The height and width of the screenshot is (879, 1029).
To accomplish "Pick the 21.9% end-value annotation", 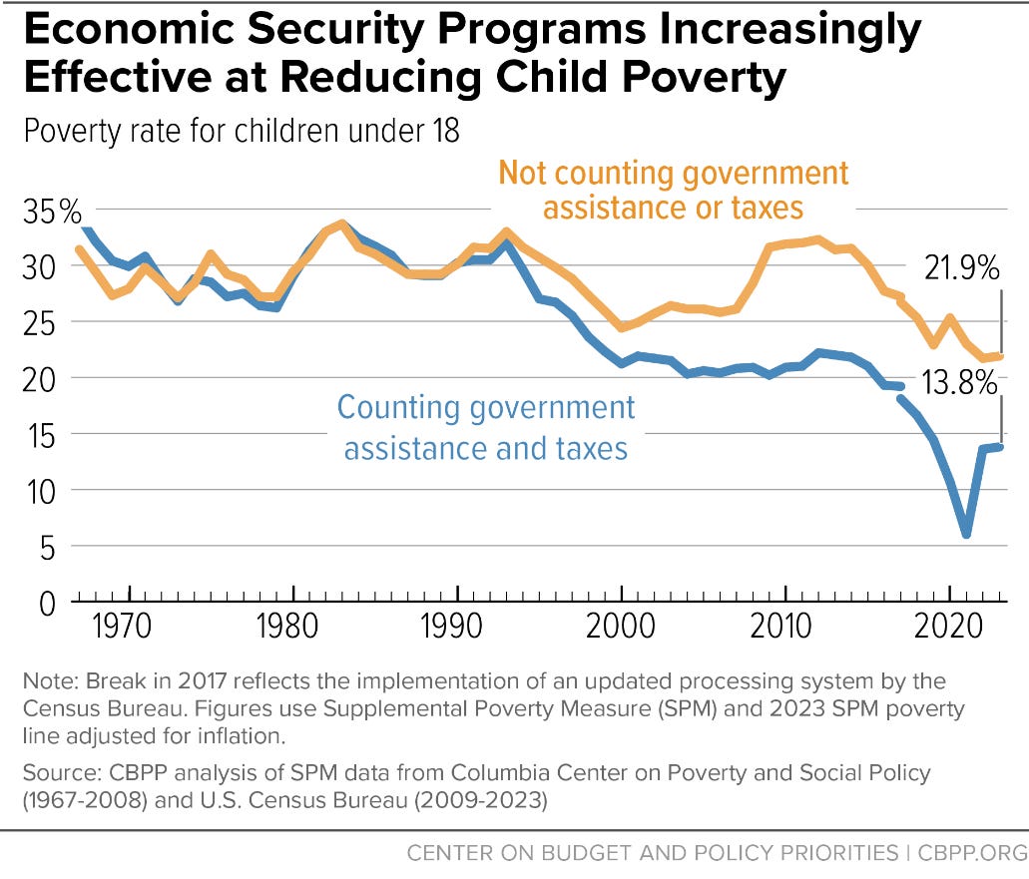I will tap(959, 267).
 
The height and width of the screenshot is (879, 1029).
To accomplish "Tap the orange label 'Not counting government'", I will tap(674, 173).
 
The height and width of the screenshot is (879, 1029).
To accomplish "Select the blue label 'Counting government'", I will tap(486, 407).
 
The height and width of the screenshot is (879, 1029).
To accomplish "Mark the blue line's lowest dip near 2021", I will tap(965, 535).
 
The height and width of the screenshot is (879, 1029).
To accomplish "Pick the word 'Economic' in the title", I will tap(131, 32).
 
